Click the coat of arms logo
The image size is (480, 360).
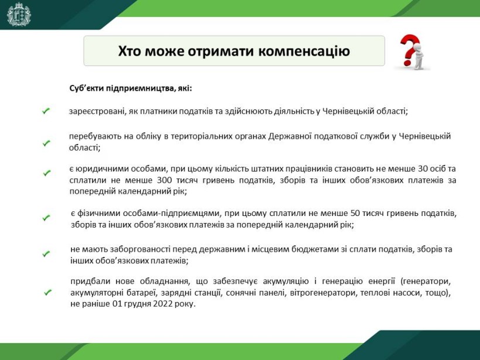[x=19, y=14]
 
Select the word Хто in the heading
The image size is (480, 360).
[x=129, y=51]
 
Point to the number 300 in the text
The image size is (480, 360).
[x=164, y=180]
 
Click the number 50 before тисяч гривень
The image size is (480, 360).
[x=355, y=213]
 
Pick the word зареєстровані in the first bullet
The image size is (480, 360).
[x=97, y=111]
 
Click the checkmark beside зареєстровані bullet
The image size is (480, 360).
[x=46, y=111]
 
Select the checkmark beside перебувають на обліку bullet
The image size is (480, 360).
[x=46, y=143]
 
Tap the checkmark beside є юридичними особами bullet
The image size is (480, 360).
[x=46, y=173]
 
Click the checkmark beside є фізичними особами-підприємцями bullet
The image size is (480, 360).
[x=46, y=218]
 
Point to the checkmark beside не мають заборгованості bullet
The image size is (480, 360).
[x=46, y=254]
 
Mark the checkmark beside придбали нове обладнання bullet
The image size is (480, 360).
[x=47, y=292]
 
